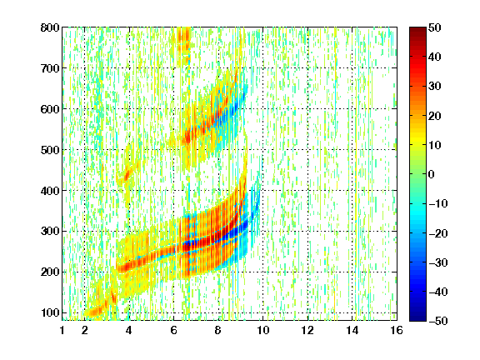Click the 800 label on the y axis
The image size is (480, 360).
[50, 27]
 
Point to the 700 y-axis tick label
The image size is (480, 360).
[50, 68]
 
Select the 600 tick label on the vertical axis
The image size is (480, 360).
[50, 109]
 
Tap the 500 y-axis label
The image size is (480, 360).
[50, 150]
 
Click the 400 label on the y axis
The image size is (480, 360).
[50, 191]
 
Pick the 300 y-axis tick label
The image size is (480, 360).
[50, 231]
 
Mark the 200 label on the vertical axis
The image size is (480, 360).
[50, 272]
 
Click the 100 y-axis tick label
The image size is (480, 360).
[50, 312]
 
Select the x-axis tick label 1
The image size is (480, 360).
[62, 330]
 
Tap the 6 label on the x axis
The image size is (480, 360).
[173, 330]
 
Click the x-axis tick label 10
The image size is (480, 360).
[262, 330]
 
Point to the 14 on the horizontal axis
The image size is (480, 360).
[352, 330]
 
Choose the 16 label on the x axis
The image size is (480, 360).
[397, 330]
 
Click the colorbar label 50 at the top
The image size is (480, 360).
[435, 27]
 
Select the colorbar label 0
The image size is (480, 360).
[432, 174]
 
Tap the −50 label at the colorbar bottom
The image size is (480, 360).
[438, 321]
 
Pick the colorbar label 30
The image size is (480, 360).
[435, 87]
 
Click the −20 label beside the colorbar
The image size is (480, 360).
[438, 233]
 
